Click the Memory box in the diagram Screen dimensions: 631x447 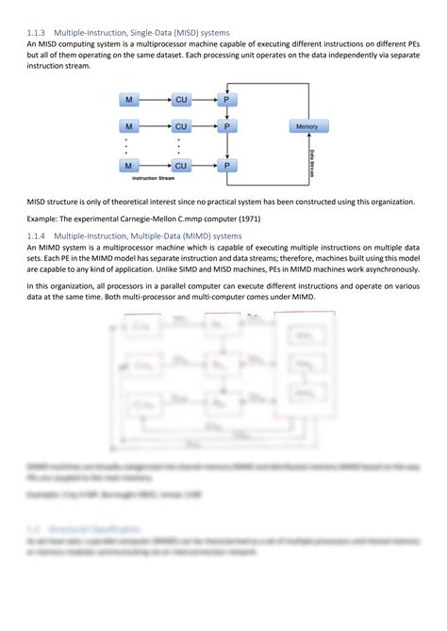point(306,126)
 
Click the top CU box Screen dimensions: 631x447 point(181,99)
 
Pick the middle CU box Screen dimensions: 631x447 point(181,126)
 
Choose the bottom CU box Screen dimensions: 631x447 point(181,166)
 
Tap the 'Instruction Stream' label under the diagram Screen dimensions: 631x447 point(156,178)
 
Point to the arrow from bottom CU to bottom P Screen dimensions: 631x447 point(206,166)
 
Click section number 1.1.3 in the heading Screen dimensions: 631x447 point(39,33)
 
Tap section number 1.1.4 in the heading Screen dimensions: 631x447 point(39,235)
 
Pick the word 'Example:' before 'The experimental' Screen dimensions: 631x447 point(42,218)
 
